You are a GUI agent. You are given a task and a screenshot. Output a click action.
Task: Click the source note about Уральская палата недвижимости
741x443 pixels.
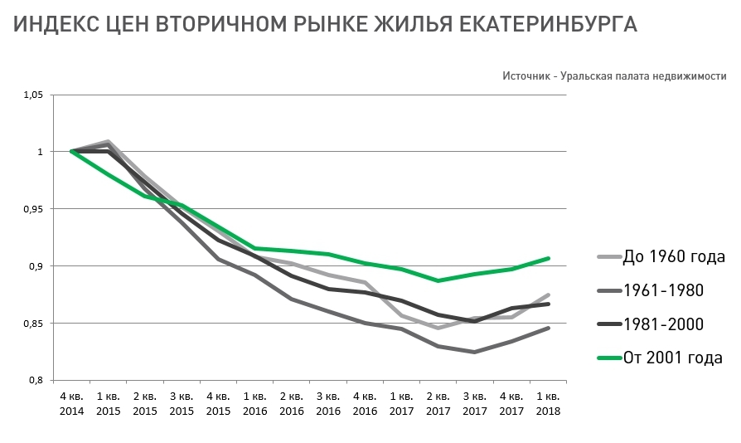613,75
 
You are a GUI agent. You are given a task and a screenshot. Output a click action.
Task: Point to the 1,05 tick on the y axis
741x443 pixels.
31,95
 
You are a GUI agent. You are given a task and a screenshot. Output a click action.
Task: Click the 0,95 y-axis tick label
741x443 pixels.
31,209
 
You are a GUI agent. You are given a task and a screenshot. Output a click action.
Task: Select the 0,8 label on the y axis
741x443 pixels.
35,380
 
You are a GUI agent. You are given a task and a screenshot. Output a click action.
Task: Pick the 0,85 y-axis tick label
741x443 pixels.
31,323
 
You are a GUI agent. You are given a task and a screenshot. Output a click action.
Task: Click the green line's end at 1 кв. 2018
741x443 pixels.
548,258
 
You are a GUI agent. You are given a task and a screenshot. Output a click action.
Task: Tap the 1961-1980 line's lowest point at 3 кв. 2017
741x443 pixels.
475,352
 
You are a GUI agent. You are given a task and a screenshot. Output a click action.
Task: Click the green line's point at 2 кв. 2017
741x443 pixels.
438,280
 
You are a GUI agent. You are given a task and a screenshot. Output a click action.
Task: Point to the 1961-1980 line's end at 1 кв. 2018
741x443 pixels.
548,329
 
